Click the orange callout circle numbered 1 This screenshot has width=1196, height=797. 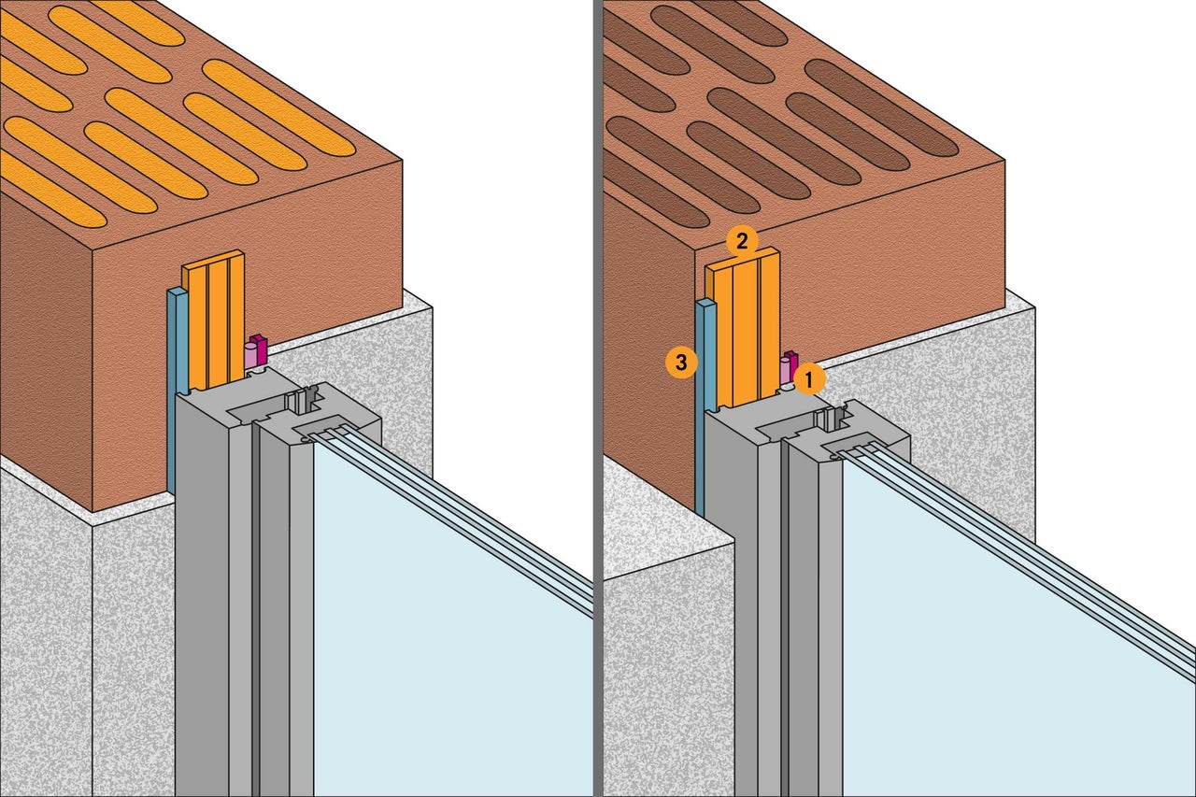click(x=809, y=377)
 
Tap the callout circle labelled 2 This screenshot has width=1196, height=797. click(x=741, y=242)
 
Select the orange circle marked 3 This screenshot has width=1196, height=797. click(x=680, y=363)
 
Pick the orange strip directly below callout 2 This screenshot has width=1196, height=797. click(x=743, y=332)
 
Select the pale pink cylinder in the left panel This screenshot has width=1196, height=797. click(x=249, y=356)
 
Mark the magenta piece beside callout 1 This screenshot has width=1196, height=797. click(x=791, y=363)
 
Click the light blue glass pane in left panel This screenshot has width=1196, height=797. click(x=420, y=635)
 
